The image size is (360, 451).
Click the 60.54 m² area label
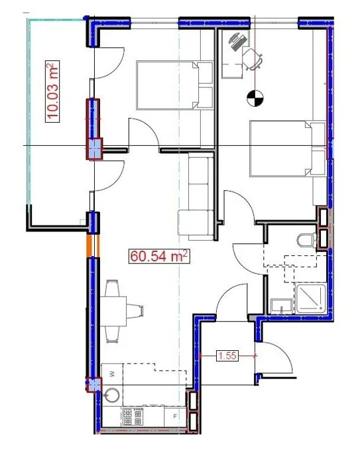(x=159, y=256)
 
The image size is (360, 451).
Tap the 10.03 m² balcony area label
(x=52, y=92)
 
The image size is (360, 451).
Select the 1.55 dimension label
(x=227, y=355)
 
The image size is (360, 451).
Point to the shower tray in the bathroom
(x=311, y=298)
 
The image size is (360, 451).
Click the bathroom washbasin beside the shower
(x=282, y=306)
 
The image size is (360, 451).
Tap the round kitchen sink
(x=111, y=396)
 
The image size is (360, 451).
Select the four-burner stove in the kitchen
(x=133, y=417)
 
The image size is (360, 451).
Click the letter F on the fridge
(x=174, y=417)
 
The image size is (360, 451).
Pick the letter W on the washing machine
(x=113, y=374)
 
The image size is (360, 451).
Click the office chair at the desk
(x=252, y=58)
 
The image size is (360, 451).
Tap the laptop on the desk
(x=238, y=42)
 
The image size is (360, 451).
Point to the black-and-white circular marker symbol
(x=255, y=97)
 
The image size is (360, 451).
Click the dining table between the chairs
(x=113, y=311)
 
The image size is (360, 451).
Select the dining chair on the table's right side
(x=135, y=311)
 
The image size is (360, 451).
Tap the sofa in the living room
(x=196, y=196)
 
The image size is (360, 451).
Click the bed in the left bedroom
(x=174, y=85)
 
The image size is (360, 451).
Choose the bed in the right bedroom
(x=288, y=149)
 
